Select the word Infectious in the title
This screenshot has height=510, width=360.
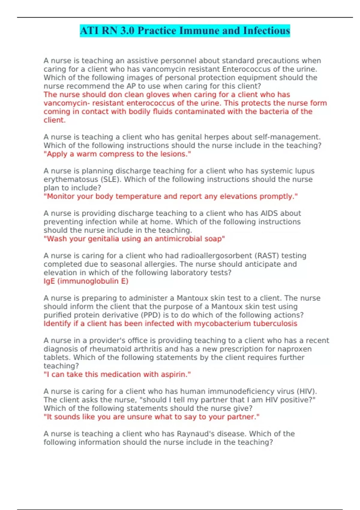coord(266,31)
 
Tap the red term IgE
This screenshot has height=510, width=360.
coord(49,281)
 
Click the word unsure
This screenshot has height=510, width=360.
coord(141,417)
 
